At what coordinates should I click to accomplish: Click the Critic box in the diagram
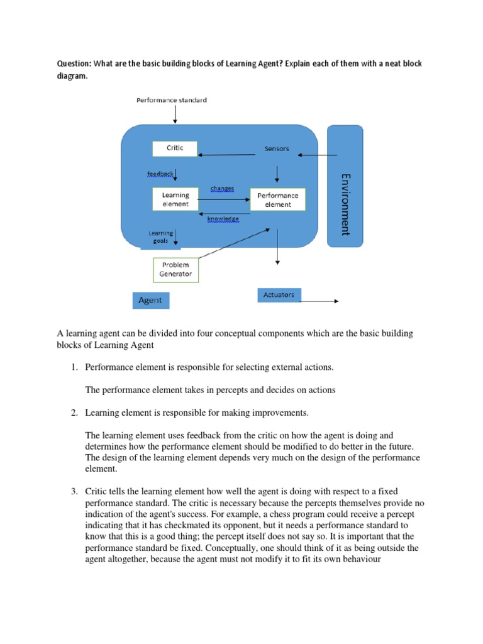click(x=174, y=148)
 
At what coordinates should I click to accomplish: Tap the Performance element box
click(x=277, y=199)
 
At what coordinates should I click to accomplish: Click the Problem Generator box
click(x=175, y=270)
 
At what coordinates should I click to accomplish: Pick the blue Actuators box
click(x=279, y=294)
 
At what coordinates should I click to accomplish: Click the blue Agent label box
click(x=150, y=301)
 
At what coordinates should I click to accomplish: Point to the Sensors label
click(x=277, y=149)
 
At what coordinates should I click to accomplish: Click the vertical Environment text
click(x=345, y=204)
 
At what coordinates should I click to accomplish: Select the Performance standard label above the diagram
click(x=172, y=100)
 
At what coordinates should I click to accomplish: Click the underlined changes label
click(x=223, y=188)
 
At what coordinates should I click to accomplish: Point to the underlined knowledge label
click(x=223, y=219)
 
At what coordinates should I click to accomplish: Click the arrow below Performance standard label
click(x=174, y=114)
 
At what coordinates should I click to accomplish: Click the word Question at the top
click(x=74, y=64)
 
